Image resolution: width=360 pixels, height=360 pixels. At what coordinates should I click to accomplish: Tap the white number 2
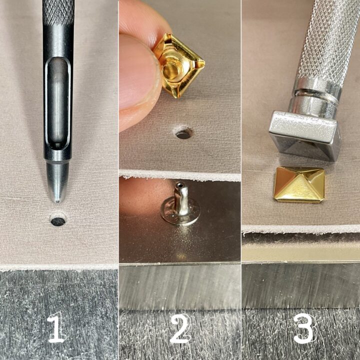180,328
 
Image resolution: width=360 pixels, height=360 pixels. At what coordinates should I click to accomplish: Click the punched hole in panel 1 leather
58,221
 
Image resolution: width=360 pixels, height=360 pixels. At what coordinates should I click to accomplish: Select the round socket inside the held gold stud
171,69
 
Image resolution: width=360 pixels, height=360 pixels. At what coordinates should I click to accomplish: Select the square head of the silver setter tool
304,135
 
